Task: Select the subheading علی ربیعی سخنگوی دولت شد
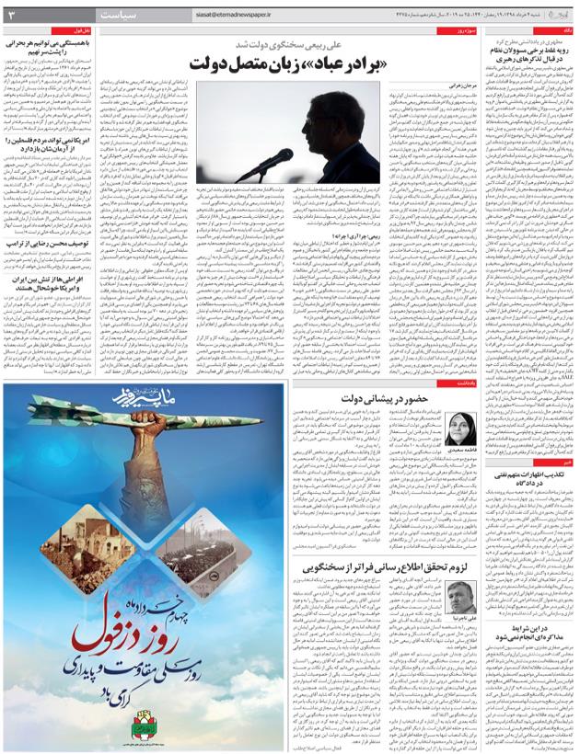(289, 42)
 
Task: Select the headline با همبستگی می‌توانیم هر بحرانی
(52, 41)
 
